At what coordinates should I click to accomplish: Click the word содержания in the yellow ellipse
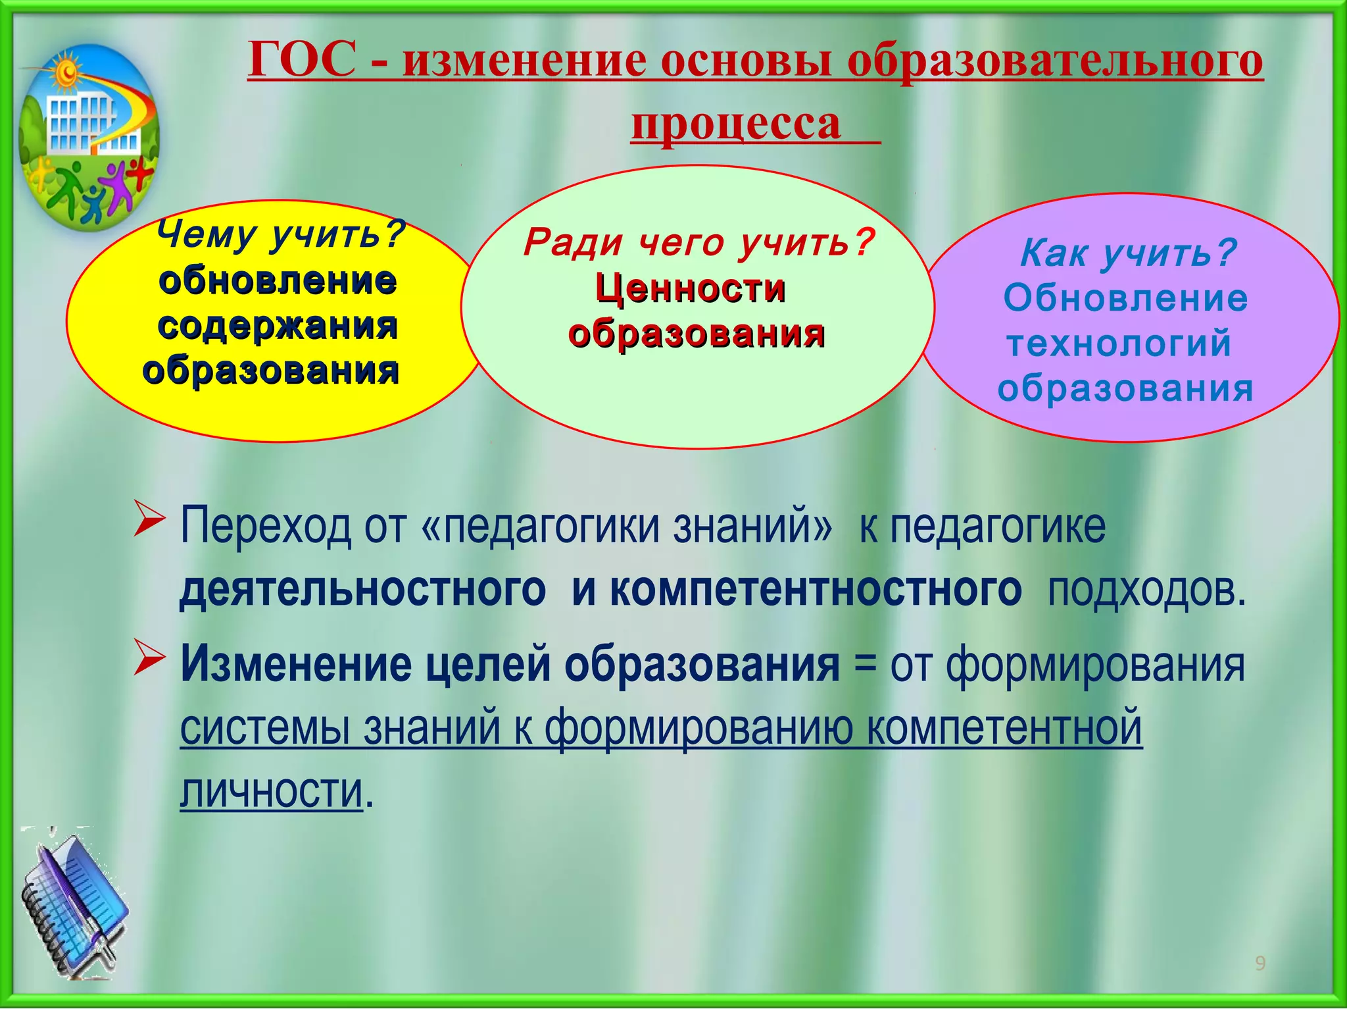pos(278,326)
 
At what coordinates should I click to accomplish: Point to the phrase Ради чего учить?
pos(699,243)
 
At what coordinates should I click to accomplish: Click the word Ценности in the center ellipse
pos(690,289)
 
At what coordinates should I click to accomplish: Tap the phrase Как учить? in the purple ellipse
pos(1127,253)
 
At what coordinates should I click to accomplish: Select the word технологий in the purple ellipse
pos(1119,344)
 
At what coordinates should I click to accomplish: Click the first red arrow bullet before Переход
pos(149,519)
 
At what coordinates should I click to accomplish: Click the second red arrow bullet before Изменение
pos(149,658)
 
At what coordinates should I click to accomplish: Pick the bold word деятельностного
pos(362,589)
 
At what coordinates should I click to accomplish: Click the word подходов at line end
pos(1145,590)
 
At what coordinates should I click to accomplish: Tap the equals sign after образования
pos(865,665)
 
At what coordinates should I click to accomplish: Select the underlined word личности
pos(271,790)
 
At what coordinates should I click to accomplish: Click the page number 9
pos(1260,964)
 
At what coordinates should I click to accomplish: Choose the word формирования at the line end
pos(1094,665)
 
